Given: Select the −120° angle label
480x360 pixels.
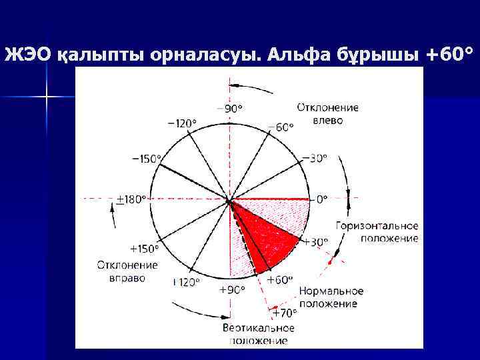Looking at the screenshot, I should pyautogui.click(x=181, y=123).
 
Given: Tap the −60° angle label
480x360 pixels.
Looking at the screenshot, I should pyautogui.click(x=280, y=127).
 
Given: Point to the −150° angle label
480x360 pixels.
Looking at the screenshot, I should pyautogui.click(x=147, y=159).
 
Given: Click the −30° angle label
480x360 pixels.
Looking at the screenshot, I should pyautogui.click(x=314, y=158).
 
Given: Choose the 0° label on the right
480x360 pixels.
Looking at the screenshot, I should pyautogui.click(x=321, y=199).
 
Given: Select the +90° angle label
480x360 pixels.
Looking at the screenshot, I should pyautogui.click(x=232, y=289).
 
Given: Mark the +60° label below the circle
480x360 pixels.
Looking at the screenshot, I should pyautogui.click(x=280, y=280).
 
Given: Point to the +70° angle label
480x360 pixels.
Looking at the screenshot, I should pyautogui.click(x=284, y=313).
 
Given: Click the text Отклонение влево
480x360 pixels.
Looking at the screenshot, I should pyautogui.click(x=327, y=113).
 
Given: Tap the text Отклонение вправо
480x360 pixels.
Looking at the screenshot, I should pyautogui.click(x=127, y=271).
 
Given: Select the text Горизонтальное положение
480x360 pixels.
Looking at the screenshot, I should pyautogui.click(x=377, y=232).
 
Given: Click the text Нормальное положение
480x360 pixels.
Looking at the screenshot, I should pyautogui.click(x=331, y=297).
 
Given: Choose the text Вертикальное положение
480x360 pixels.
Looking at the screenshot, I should pyautogui.click(x=259, y=334).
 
